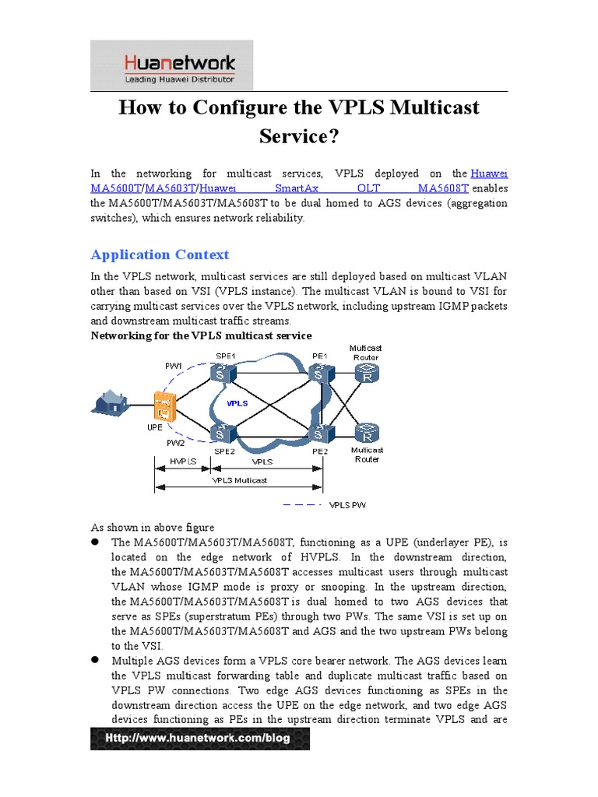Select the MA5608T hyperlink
coord(442,188)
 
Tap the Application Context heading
coord(160,255)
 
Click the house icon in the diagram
coord(111,401)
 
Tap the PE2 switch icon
coord(319,432)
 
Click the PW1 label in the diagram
coord(174,366)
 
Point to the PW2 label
coord(176,442)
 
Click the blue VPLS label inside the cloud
coord(237,404)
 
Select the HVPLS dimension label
coord(183,461)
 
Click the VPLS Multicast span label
coord(240,480)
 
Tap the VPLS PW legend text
coord(347,504)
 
